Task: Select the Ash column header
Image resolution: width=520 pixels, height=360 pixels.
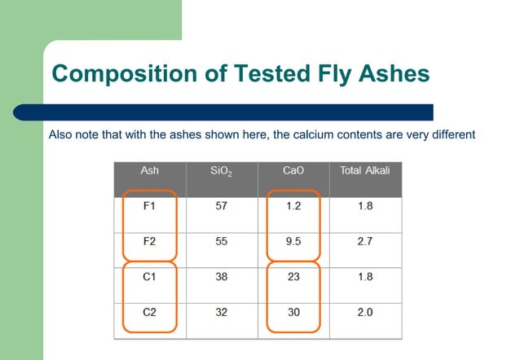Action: (x=149, y=171)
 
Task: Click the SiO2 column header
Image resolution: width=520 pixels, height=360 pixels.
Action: (x=222, y=172)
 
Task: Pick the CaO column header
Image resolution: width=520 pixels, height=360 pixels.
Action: (x=293, y=171)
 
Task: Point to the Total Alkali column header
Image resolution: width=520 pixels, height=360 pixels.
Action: (x=365, y=171)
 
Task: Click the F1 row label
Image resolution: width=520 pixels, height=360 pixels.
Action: (x=149, y=206)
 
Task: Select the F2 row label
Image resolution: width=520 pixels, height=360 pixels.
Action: (x=149, y=242)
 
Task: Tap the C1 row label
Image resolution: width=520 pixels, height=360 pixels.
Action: (x=149, y=277)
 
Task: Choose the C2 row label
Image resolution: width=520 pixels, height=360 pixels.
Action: (x=149, y=312)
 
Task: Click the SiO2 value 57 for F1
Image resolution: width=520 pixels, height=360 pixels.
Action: (x=222, y=206)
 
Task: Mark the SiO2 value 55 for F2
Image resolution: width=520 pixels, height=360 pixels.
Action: (x=222, y=242)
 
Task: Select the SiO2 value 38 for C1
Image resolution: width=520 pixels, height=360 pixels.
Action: (x=222, y=277)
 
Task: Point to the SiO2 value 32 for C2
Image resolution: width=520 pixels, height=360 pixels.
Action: (x=222, y=312)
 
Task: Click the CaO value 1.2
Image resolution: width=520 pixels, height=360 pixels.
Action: (x=293, y=206)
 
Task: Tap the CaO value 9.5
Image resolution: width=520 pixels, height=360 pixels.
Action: (x=293, y=242)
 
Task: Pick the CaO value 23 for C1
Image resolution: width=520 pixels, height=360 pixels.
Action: (x=293, y=277)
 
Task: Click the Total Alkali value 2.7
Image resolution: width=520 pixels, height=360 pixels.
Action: (x=365, y=242)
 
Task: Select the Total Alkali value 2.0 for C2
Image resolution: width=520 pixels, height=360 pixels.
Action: (x=365, y=312)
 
